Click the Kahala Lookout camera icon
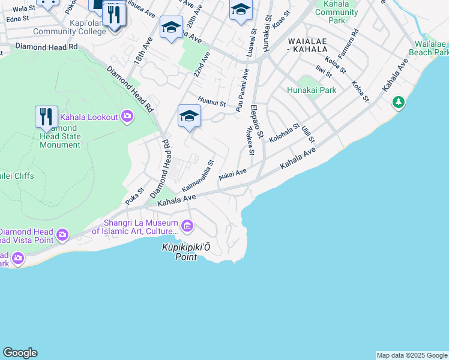click(127, 116)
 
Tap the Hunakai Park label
click(312, 90)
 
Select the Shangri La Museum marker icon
click(187, 226)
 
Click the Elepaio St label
click(256, 122)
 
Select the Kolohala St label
click(284, 133)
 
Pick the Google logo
click(20, 353)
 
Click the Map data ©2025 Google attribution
click(412, 355)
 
